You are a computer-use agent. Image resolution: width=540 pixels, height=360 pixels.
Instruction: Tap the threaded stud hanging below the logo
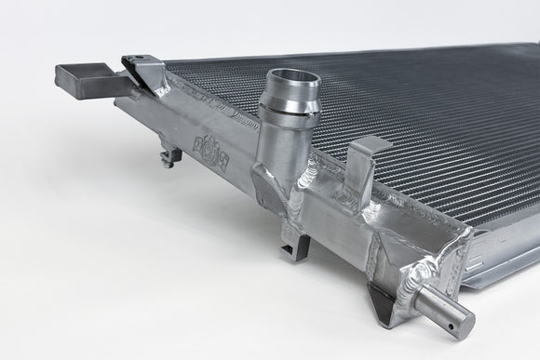tap(169, 157)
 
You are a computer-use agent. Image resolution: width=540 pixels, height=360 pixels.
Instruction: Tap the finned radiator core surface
tap(419, 112)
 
